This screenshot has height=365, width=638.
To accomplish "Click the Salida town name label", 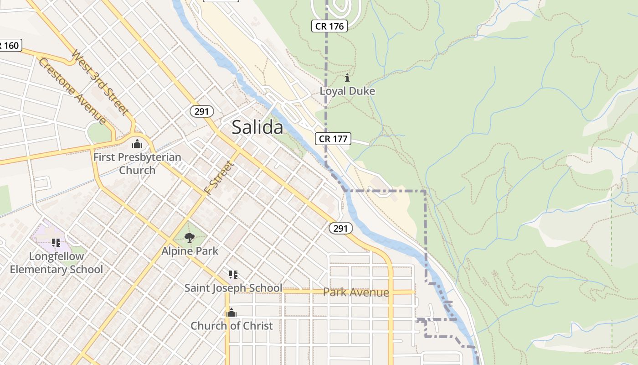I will point(257,127).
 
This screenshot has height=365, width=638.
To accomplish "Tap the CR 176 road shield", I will point(329,26).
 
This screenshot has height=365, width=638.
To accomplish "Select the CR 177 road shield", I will point(333,139).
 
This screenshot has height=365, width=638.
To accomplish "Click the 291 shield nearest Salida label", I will point(201,111).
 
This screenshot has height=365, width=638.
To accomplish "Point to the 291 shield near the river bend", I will point(341,229).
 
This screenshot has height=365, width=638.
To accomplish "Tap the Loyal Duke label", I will point(347,91).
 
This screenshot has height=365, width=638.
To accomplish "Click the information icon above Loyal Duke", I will point(347,78).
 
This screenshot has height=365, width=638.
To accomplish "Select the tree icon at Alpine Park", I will point(190,237).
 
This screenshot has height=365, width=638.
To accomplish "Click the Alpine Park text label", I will point(190,251).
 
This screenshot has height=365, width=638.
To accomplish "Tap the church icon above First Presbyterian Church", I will point(137,144).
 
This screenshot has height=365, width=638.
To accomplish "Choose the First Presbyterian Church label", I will point(137,164).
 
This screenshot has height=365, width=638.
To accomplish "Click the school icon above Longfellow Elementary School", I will point(56,243).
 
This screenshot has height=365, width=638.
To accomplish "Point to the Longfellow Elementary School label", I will point(57,263).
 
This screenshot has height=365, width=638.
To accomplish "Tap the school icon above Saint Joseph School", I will point(233,275).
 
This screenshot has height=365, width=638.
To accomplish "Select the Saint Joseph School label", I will point(233,288).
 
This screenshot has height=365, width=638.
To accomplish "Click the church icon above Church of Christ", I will point(232,313).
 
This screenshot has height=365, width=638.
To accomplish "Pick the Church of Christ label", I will point(232,326).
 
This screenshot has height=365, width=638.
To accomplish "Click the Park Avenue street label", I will point(356,292).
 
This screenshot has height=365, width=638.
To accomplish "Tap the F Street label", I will point(220,178).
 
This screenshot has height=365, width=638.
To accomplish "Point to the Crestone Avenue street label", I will point(72,91).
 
